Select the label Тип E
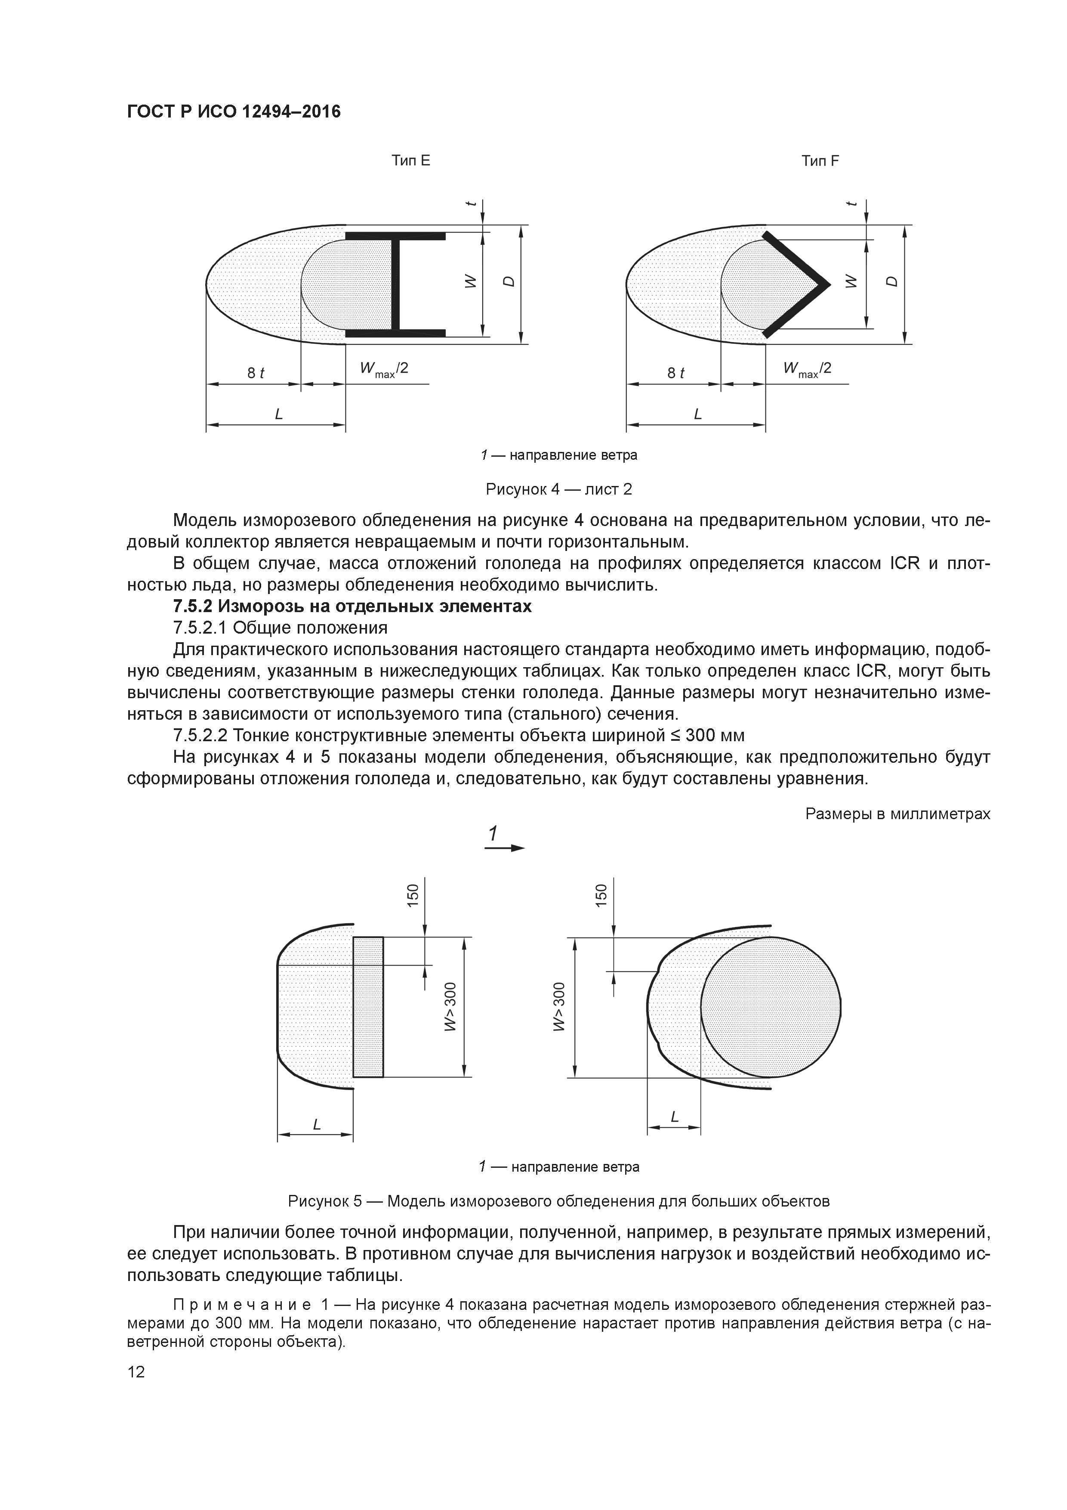411,161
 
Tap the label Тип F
820,161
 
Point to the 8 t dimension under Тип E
256,373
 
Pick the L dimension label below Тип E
279,415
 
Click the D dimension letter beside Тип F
891,282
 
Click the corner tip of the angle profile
826,284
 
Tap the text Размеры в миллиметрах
897,814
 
